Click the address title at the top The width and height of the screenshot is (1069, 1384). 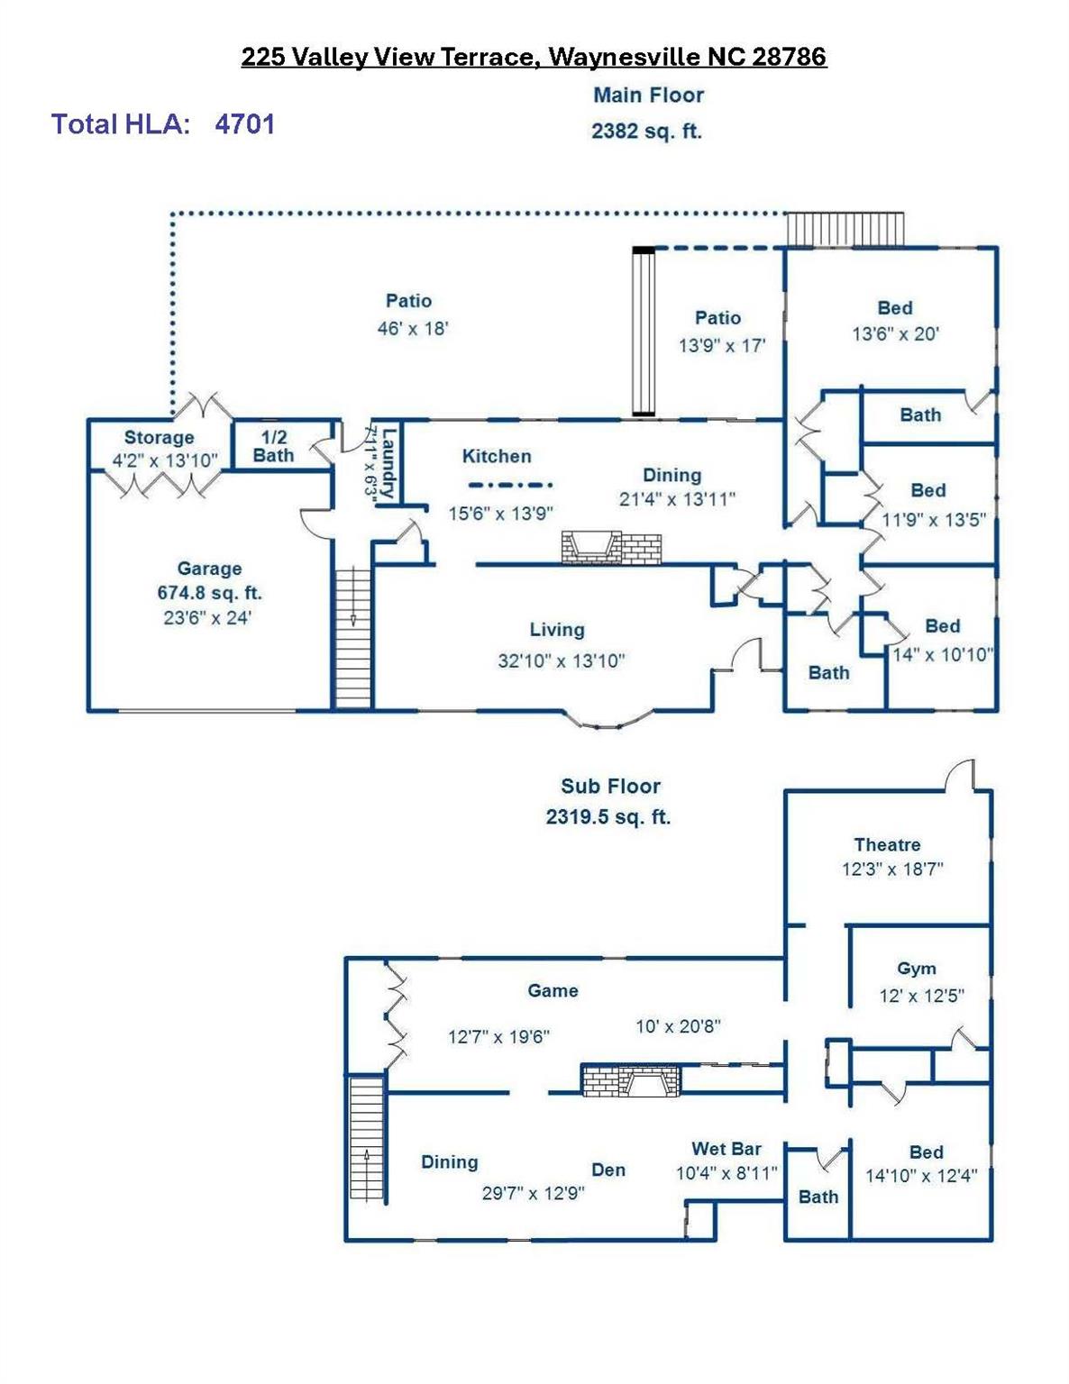pyautogui.click(x=534, y=57)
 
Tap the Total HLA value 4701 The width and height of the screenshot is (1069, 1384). pyautogui.click(x=244, y=123)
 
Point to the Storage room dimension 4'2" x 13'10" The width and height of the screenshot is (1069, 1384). pyautogui.click(x=165, y=460)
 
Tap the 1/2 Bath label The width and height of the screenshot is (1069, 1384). pyautogui.click(x=273, y=446)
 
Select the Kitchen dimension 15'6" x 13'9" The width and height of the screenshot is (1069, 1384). pyautogui.click(x=501, y=513)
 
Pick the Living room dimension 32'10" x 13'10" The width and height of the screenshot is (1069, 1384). pyautogui.click(x=561, y=660)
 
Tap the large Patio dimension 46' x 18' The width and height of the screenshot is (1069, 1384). pyautogui.click(x=412, y=328)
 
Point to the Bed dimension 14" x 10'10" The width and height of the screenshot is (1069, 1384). pyautogui.click(x=942, y=655)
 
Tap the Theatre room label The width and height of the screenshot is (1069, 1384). pyautogui.click(x=887, y=844)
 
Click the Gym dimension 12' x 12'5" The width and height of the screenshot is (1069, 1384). pyautogui.click(x=921, y=996)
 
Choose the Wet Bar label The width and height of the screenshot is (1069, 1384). pyautogui.click(x=726, y=1149)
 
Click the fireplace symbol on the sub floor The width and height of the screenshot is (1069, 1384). pyautogui.click(x=631, y=1080)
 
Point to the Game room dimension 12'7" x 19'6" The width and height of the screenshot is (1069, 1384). pyautogui.click(x=498, y=1036)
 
